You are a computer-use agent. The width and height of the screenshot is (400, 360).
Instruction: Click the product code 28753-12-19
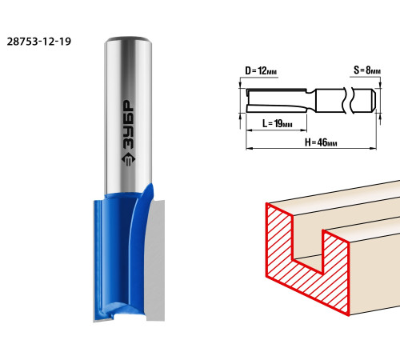39,42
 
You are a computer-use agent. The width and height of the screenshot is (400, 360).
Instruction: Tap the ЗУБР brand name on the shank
128,125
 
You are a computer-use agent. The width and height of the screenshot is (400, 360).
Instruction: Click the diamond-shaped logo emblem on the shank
128,159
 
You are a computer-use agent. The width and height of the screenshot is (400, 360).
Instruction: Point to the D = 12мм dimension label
261,71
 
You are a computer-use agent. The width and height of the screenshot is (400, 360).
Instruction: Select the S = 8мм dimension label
367,70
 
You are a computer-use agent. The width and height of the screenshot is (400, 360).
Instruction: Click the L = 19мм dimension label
278,123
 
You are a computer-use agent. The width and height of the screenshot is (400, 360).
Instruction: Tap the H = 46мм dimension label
321,142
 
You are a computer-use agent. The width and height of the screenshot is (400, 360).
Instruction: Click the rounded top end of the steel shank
128,39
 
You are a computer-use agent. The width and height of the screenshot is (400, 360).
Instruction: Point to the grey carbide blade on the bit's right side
154,260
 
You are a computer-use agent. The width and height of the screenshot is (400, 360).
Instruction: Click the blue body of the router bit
120,254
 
